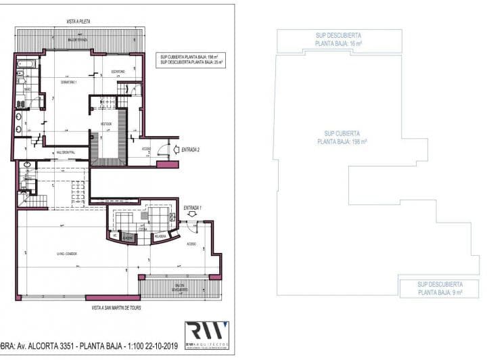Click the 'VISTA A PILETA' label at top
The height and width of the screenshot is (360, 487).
click(x=78, y=22)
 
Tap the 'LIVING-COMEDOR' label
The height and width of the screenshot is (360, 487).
click(x=67, y=254)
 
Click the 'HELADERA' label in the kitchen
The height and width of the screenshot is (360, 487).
click(x=160, y=237)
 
